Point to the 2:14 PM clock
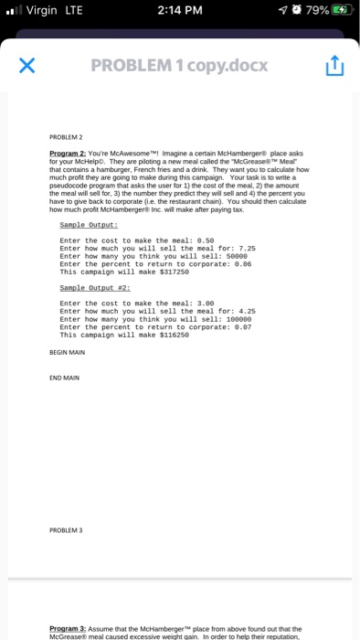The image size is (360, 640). pos(179,12)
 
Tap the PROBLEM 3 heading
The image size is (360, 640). pos(64,528)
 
